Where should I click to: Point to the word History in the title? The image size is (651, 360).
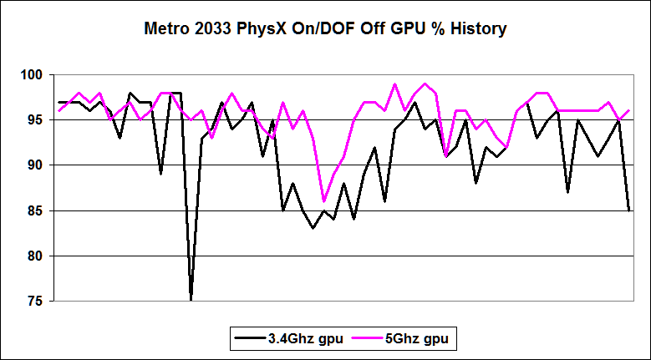[478, 29]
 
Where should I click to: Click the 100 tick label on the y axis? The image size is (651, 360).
[29, 75]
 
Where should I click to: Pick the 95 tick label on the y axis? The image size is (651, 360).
[33, 120]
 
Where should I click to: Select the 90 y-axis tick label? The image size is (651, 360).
[33, 165]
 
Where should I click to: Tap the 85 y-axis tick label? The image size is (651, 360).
[33, 210]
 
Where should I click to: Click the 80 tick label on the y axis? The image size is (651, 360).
[33, 256]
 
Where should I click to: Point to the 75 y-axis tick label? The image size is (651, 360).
[33, 301]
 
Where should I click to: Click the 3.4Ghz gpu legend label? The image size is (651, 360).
[306, 340]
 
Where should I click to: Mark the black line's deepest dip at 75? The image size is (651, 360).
[191, 299]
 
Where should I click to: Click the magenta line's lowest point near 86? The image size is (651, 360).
[323, 201]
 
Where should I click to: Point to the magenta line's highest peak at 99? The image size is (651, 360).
[394, 84]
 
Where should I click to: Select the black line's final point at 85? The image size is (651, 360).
[628, 210]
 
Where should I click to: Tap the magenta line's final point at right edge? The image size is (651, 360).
[628, 110]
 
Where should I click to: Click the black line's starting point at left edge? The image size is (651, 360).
[59, 102]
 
